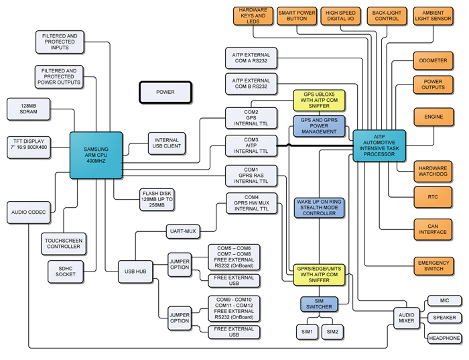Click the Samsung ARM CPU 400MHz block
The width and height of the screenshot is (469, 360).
(x=96, y=155)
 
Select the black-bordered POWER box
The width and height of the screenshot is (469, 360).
(x=165, y=92)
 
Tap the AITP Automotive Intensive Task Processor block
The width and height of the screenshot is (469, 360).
(x=379, y=145)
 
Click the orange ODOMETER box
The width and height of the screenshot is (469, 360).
(x=433, y=60)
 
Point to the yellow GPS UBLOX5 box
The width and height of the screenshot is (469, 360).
(x=319, y=101)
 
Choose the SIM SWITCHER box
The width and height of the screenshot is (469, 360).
(x=319, y=304)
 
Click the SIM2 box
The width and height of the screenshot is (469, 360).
(x=332, y=332)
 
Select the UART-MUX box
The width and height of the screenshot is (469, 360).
(x=183, y=231)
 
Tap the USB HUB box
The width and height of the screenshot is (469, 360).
(x=135, y=272)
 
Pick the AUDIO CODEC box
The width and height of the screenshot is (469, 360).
(x=29, y=213)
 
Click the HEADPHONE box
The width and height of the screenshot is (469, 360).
(x=444, y=338)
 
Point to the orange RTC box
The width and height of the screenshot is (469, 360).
(x=433, y=197)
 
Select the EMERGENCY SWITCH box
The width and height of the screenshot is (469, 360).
(x=433, y=265)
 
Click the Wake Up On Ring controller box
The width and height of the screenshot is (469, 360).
(x=319, y=208)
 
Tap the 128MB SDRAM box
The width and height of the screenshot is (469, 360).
(x=29, y=109)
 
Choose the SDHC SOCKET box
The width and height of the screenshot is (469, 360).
(x=66, y=272)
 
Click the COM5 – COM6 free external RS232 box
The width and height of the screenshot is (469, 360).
(x=234, y=257)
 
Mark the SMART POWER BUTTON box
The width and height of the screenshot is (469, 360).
(x=297, y=16)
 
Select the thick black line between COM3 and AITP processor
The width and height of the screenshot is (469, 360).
(x=315, y=145)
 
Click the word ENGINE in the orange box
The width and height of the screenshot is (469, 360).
(x=433, y=117)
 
